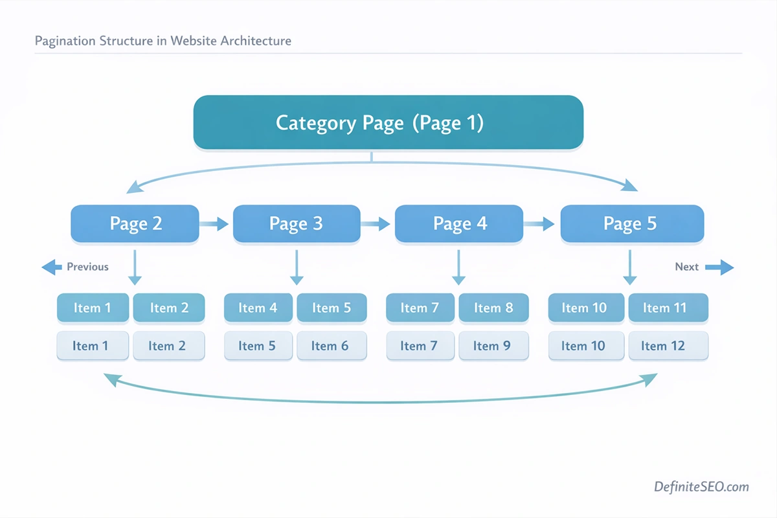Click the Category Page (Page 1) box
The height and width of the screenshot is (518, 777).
click(388, 122)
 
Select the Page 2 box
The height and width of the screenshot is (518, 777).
click(135, 224)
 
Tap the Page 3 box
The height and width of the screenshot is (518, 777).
click(296, 224)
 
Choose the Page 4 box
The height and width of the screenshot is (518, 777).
click(459, 224)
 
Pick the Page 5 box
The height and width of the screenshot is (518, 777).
click(631, 224)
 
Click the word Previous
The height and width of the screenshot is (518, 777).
click(87, 267)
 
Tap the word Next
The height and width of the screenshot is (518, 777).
click(686, 267)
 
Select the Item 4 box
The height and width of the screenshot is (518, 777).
click(258, 308)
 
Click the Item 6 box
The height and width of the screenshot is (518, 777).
click(331, 346)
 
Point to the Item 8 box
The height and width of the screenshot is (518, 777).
click(493, 308)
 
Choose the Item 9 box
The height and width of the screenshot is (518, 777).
click(493, 346)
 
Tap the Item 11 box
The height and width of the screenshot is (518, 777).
click(668, 308)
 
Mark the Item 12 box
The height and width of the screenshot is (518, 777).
click(668, 346)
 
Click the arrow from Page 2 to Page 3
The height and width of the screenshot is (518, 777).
click(214, 224)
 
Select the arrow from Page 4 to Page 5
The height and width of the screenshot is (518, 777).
click(539, 224)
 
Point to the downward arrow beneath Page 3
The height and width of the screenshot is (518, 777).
click(297, 267)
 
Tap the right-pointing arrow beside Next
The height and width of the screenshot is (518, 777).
click(719, 267)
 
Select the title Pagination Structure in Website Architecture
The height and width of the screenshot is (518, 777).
click(163, 41)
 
